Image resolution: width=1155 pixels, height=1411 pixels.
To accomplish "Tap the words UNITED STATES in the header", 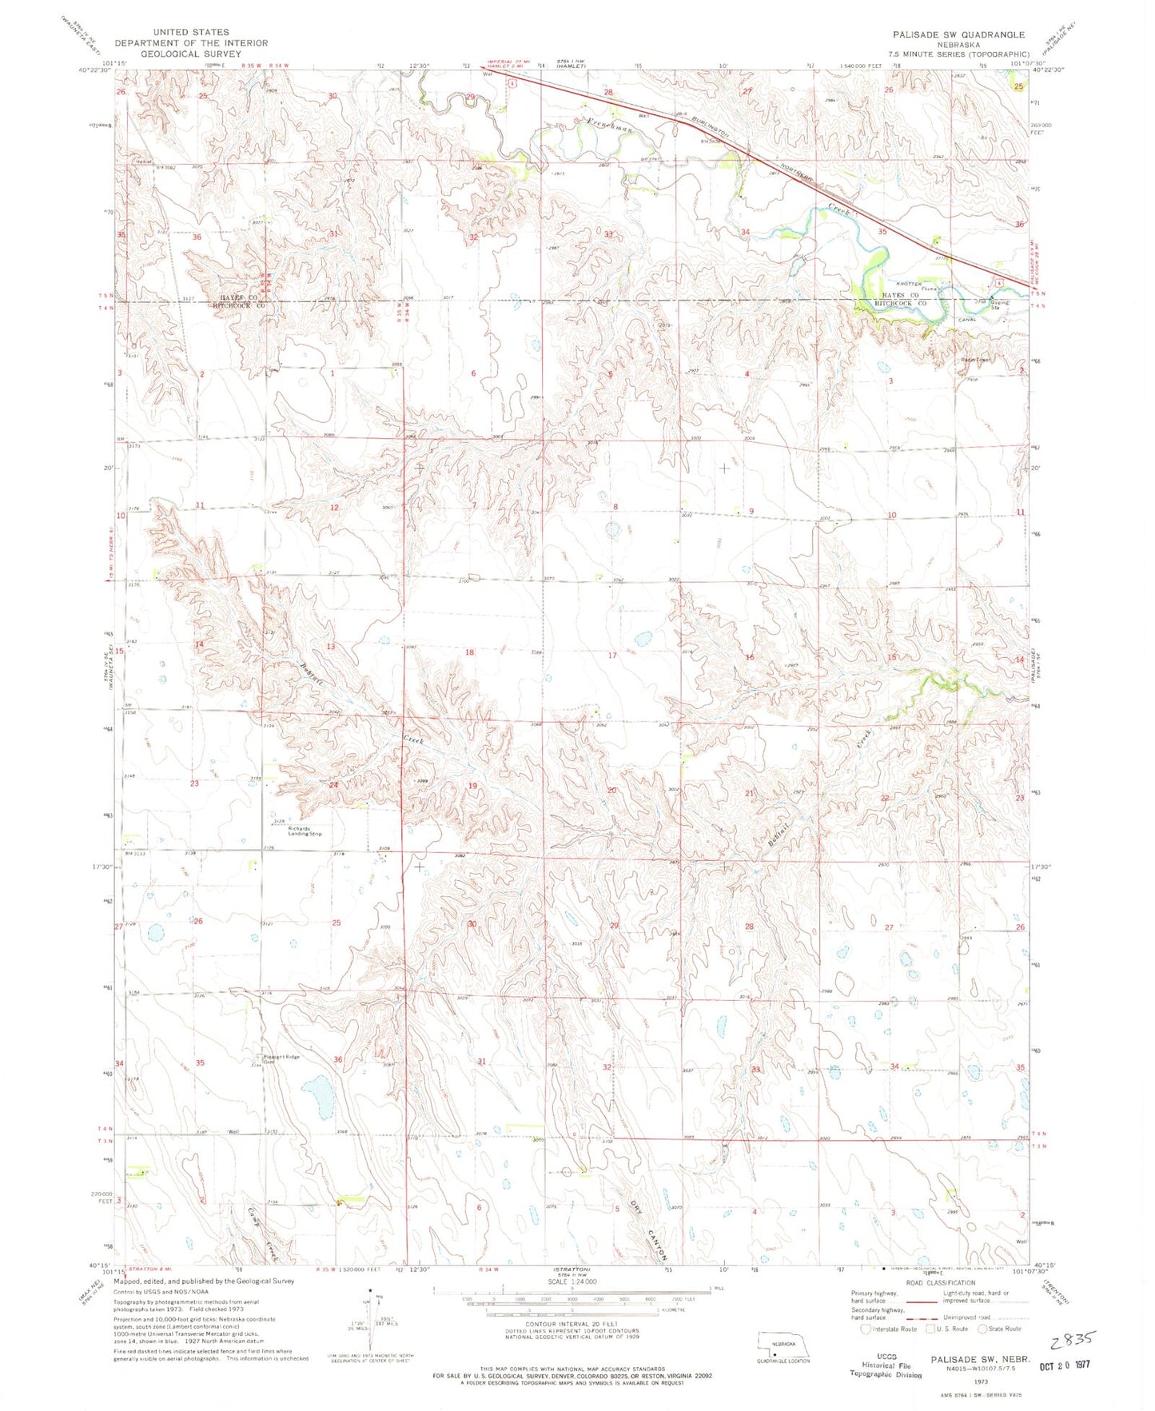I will [x=190, y=33].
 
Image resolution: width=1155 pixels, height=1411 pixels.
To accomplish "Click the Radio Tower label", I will [x=975, y=360].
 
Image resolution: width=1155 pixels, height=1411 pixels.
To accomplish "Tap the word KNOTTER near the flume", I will [x=909, y=284].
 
